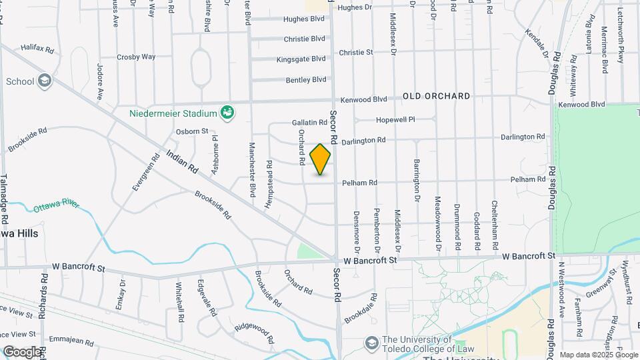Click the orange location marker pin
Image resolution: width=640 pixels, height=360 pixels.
coord(321,159)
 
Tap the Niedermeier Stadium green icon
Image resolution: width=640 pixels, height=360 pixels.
coord(227,112)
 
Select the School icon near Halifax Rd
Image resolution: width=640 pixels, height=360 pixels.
coord(45,81)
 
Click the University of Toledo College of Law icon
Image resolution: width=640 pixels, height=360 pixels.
coord(372,343)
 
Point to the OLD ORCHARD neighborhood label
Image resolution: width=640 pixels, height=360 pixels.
coord(436,96)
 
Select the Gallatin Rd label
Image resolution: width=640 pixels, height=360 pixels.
coord(309,123)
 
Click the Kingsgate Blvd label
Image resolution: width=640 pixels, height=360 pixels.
coord(301,59)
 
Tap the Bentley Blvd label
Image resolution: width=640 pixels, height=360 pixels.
coord(306,79)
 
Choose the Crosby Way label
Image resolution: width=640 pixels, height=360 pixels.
coord(136,57)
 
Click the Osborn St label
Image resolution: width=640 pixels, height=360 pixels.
coord(192,131)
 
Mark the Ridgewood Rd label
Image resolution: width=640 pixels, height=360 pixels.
coord(254,333)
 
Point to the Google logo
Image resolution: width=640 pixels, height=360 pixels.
coord(21,351)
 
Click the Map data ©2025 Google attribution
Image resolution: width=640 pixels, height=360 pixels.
coord(598,355)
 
